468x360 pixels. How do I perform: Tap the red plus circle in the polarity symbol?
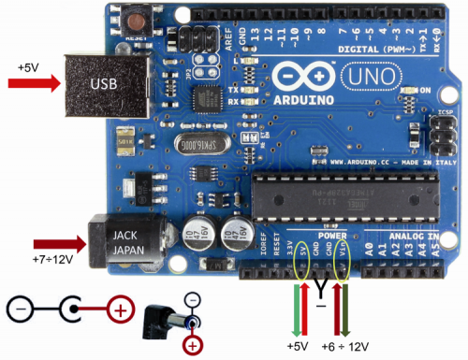click(x=120, y=308)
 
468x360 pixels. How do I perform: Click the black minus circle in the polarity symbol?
click(x=20, y=308)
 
